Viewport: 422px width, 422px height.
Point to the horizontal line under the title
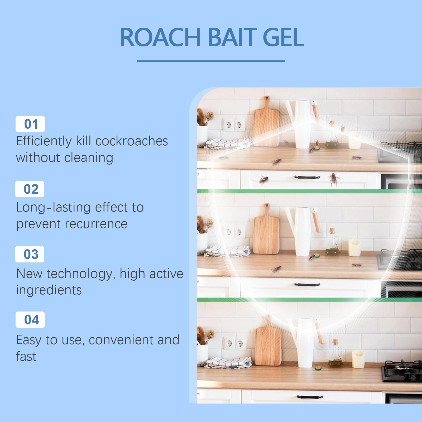pyautogui.click(x=211, y=61)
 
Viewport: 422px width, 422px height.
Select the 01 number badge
pyautogui.click(x=30, y=124)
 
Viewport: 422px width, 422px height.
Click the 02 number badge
pyautogui.click(x=30, y=189)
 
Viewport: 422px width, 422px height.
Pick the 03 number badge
pyautogui.click(x=30, y=254)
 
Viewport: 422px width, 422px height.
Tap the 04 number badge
pyautogui.click(x=30, y=320)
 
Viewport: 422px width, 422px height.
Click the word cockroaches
pyautogui.click(x=132, y=141)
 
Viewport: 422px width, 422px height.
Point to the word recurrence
pyautogui.click(x=96, y=224)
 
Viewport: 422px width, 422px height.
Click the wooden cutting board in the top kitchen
pyautogui.click(x=266, y=122)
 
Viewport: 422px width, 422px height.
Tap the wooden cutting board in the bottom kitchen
pyautogui.click(x=268, y=342)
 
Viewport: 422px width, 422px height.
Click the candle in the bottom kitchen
pyautogui.click(x=358, y=359)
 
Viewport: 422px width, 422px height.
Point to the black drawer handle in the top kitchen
pyautogui.click(x=307, y=177)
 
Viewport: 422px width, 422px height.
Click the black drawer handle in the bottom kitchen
pyautogui.click(x=310, y=397)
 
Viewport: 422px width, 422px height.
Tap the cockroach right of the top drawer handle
pyautogui.click(x=334, y=179)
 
